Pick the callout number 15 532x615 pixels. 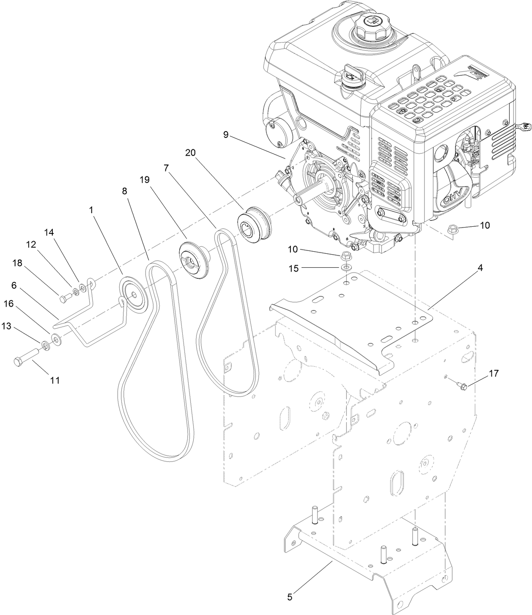pyautogui.click(x=293, y=269)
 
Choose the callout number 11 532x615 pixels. pyautogui.click(x=55, y=380)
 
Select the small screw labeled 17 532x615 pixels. pyautogui.click(x=463, y=385)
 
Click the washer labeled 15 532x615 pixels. pyautogui.click(x=347, y=268)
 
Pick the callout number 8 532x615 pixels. pyautogui.click(x=124, y=191)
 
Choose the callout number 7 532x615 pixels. pyautogui.click(x=166, y=168)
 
